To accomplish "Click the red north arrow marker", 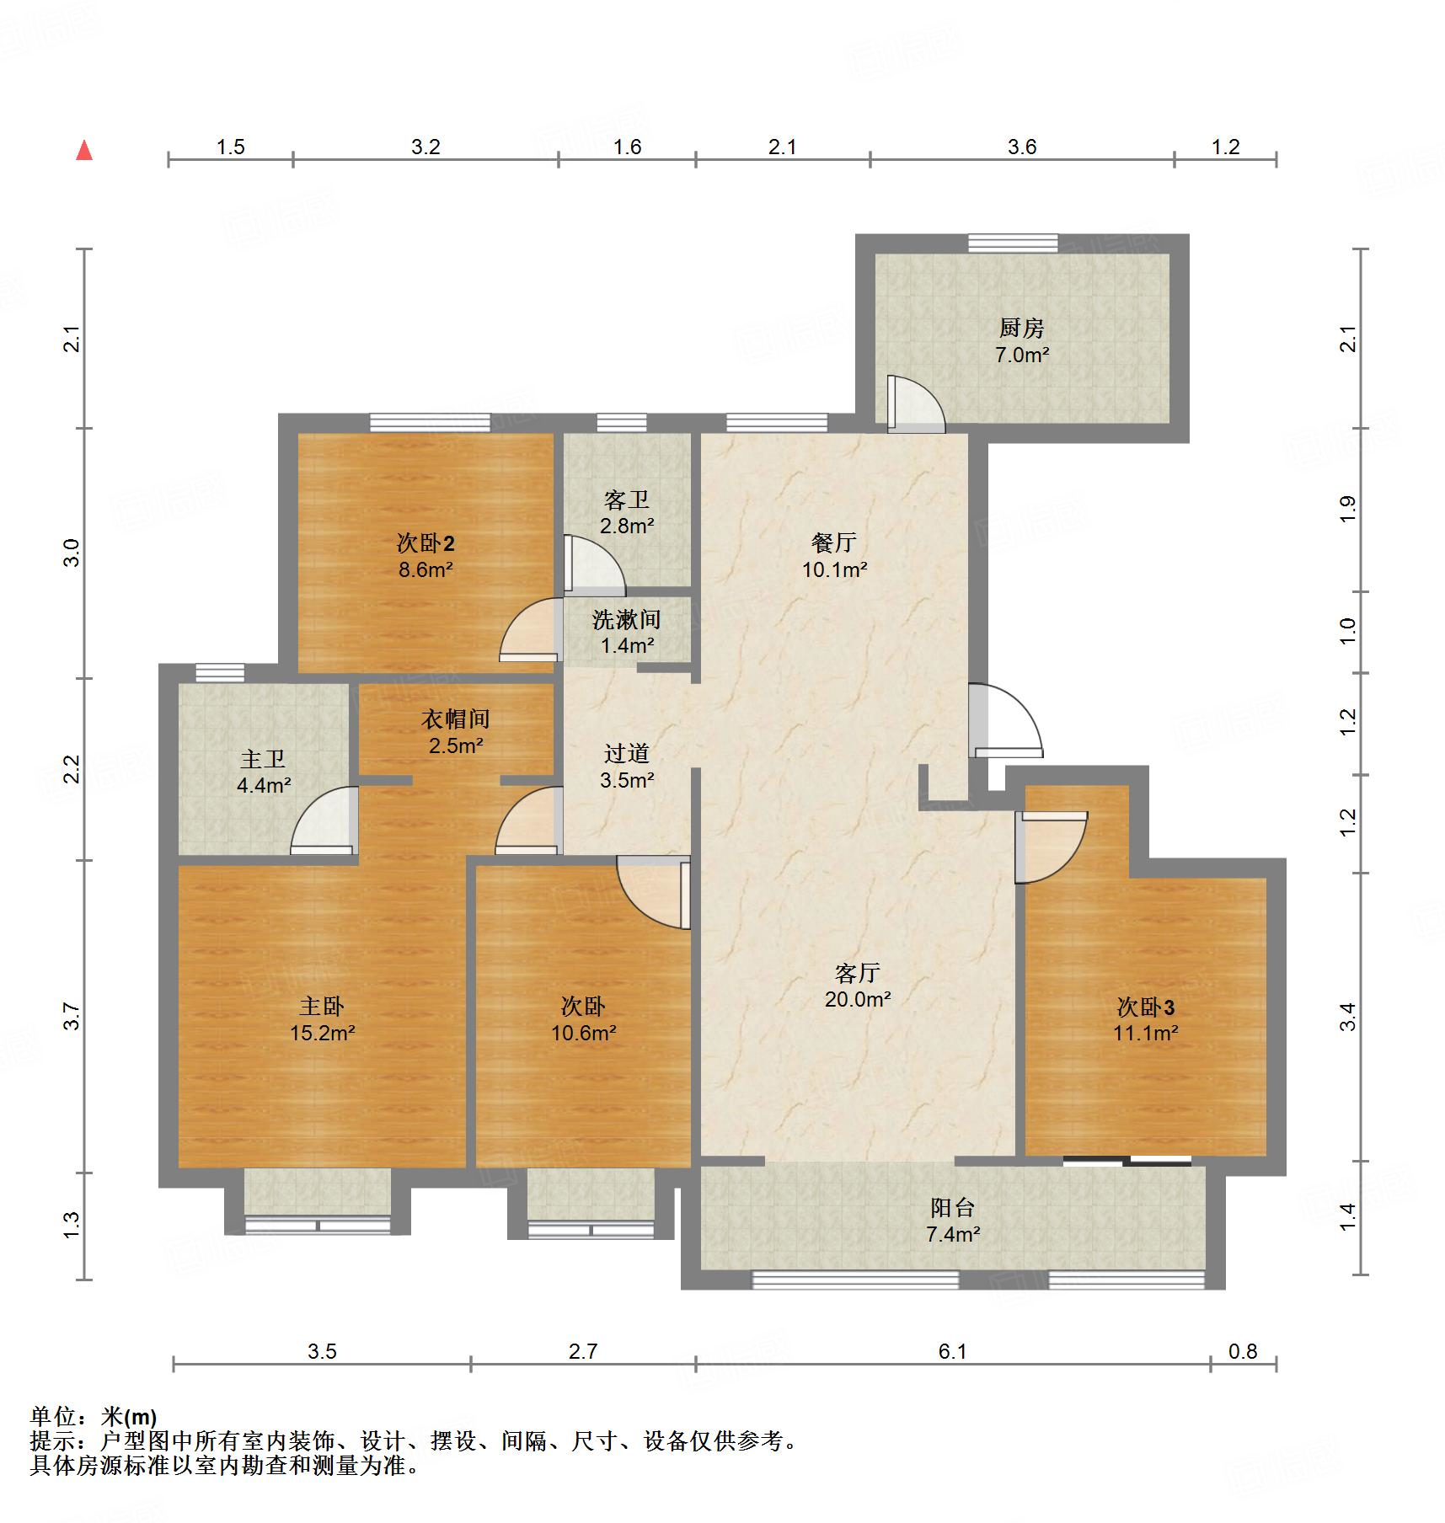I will click(x=84, y=151).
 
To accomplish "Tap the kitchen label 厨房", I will click(x=1021, y=328).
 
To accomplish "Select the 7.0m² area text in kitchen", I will click(x=1021, y=355).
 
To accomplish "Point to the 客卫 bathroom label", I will click(x=626, y=500).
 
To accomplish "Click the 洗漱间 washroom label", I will click(x=626, y=620).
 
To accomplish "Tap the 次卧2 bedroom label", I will click(x=425, y=543).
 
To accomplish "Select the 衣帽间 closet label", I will click(x=455, y=719).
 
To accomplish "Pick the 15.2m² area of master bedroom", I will click(x=322, y=1033).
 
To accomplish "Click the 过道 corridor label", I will click(x=626, y=753).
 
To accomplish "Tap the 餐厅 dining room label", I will click(x=833, y=542).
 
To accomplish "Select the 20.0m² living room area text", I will click(x=858, y=1000).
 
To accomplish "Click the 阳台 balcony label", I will click(x=952, y=1208).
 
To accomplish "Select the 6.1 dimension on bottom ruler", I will click(x=952, y=1352).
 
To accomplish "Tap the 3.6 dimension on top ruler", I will click(x=1021, y=147).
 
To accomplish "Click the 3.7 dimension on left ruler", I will click(x=72, y=1016).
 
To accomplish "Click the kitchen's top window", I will click(x=1012, y=243).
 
